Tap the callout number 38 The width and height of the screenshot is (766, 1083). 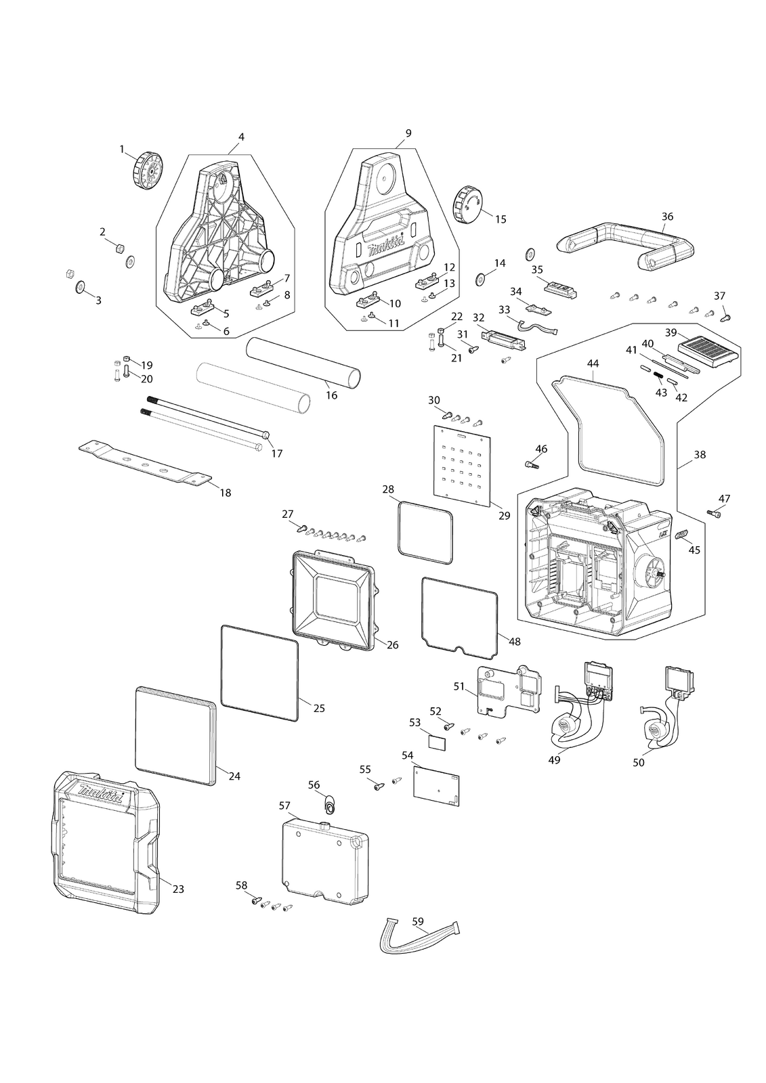point(700,454)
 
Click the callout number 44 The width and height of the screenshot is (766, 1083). point(593,363)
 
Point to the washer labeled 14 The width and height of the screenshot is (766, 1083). point(481,278)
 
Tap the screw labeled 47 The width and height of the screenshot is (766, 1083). point(714,512)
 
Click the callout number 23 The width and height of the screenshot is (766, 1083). point(179,889)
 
